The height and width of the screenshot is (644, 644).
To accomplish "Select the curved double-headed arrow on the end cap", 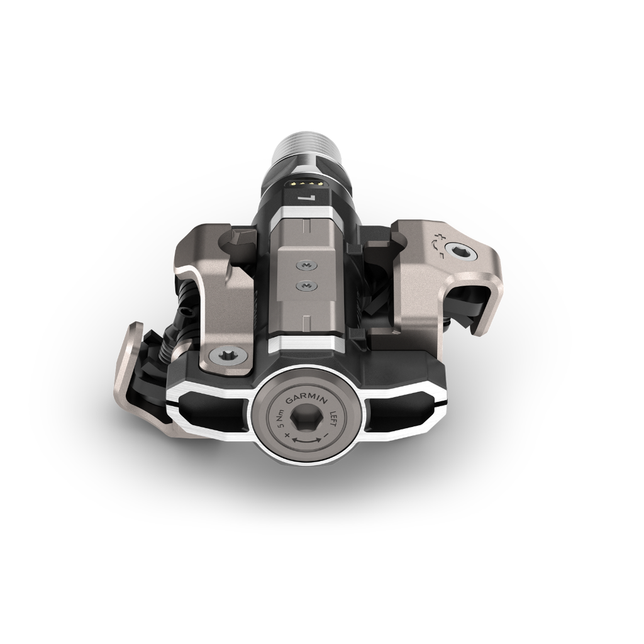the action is coord(306,441).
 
